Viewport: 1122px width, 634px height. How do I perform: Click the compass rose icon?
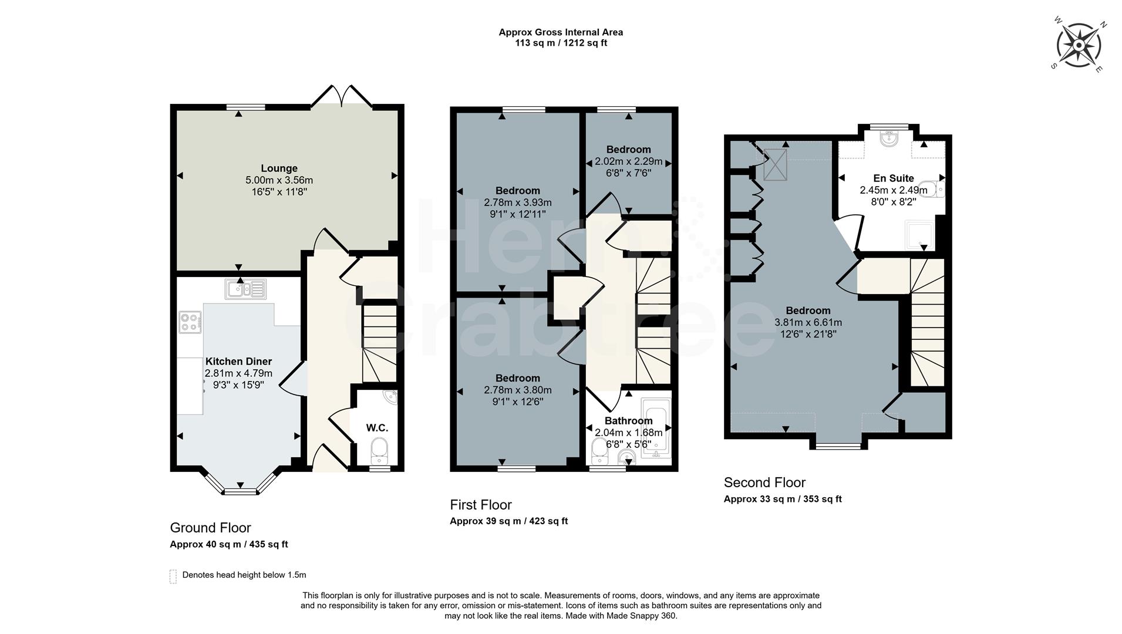pyautogui.click(x=1079, y=45)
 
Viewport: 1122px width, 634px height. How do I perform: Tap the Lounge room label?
pyautogui.click(x=279, y=168)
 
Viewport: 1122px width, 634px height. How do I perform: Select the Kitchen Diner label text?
pyautogui.click(x=238, y=362)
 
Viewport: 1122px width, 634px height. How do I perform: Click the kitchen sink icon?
pyautogui.click(x=245, y=289)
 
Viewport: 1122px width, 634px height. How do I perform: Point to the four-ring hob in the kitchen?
pyautogui.click(x=190, y=322)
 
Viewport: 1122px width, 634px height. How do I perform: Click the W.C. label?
pyautogui.click(x=377, y=428)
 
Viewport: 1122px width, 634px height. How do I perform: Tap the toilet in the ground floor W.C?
pyautogui.click(x=380, y=453)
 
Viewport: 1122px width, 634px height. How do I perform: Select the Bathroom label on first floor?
pyautogui.click(x=628, y=421)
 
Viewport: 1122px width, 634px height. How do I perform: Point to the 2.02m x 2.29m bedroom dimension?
pyautogui.click(x=628, y=161)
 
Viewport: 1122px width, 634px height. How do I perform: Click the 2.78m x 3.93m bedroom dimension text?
pyautogui.click(x=517, y=203)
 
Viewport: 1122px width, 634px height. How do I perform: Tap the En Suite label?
pyautogui.click(x=893, y=178)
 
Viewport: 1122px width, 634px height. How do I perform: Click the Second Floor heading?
pyautogui.click(x=764, y=483)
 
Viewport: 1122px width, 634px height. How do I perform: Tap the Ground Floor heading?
pyautogui.click(x=210, y=528)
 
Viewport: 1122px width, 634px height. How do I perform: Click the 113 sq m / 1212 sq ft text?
pyautogui.click(x=561, y=43)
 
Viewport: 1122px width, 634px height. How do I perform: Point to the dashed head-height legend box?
pyautogui.click(x=173, y=576)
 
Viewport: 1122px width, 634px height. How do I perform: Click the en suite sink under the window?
pyautogui.click(x=888, y=139)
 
